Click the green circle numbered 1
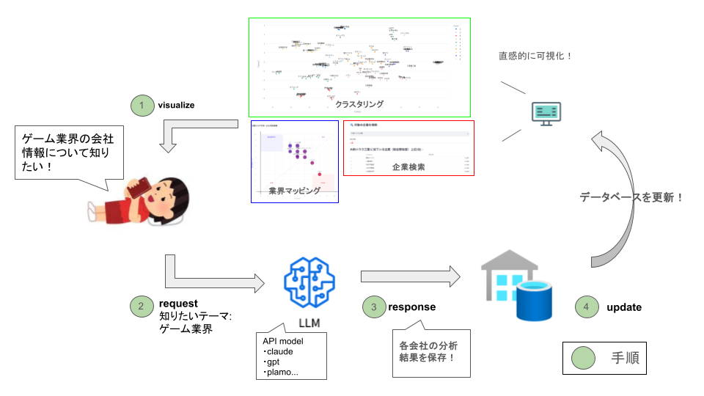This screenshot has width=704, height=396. pyautogui.click(x=140, y=105)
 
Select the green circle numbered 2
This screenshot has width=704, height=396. pyautogui.click(x=140, y=307)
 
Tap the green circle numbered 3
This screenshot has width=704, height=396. pyautogui.click(x=374, y=307)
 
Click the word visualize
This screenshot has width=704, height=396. pyautogui.click(x=176, y=105)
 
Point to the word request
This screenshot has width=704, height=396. pyautogui.click(x=178, y=303)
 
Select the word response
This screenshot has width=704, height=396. pyautogui.click(x=411, y=307)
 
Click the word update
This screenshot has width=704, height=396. pyautogui.click(x=624, y=307)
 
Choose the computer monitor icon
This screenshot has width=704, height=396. pyautogui.click(x=546, y=114)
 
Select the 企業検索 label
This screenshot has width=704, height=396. pyautogui.click(x=408, y=167)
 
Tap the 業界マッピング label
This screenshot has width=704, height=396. pyautogui.click(x=295, y=191)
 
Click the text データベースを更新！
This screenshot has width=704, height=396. pyautogui.click(x=631, y=197)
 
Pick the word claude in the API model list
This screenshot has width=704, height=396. pyautogui.click(x=282, y=352)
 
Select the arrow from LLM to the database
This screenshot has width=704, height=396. pyautogui.click(x=409, y=276)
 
